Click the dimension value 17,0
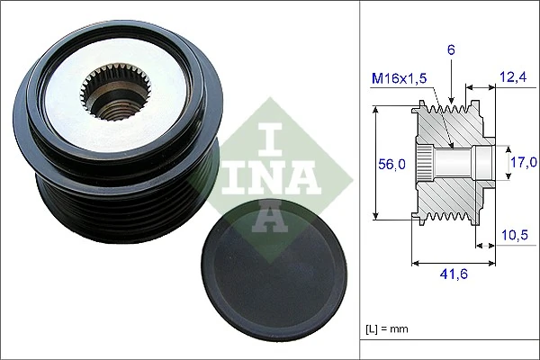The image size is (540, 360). [x=523, y=162]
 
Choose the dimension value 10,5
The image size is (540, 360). [x=513, y=236]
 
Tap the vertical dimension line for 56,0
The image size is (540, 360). [x=375, y=163]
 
